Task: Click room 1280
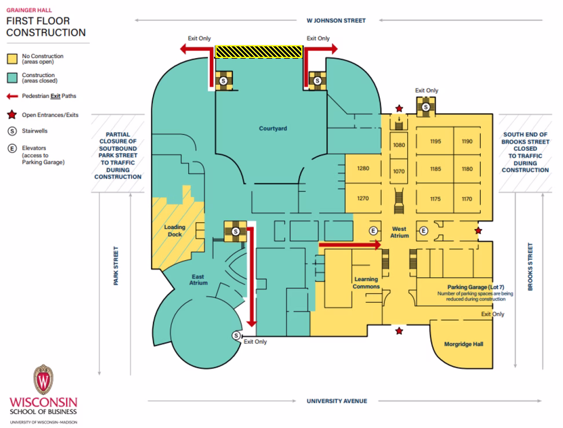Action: click(363, 168)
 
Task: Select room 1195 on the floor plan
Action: click(436, 142)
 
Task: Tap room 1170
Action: click(467, 199)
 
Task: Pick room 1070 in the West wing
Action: click(399, 172)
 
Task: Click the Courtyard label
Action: click(273, 128)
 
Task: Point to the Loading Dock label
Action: click(175, 231)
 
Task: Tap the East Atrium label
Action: click(198, 280)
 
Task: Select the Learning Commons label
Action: click(366, 283)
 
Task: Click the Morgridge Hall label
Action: click(463, 344)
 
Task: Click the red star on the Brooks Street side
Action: click(478, 230)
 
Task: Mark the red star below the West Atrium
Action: click(399, 331)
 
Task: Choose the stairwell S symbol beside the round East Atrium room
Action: click(236, 335)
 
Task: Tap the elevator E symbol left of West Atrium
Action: click(374, 231)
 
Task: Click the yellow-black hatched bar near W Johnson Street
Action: click(259, 52)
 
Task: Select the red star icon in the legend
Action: click(12, 115)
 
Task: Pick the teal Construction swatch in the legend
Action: click(12, 78)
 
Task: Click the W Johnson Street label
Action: click(336, 20)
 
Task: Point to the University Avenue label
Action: click(337, 401)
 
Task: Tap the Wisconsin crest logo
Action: click(43, 379)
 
